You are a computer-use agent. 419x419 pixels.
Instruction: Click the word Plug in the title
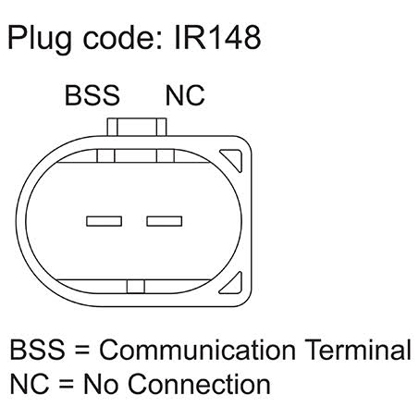pos(40,39)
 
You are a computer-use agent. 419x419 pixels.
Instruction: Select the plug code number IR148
pos(217,37)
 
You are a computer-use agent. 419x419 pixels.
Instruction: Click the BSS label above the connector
pos(92,95)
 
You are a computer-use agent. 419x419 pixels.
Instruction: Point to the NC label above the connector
pos(185,95)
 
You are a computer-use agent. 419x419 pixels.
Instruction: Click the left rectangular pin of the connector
pos(105,221)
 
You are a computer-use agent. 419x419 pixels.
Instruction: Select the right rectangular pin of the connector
pos(165,221)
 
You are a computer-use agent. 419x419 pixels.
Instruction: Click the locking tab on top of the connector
pos(137,127)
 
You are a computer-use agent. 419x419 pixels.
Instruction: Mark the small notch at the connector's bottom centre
pos(136,287)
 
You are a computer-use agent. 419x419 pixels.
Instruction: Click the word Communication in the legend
pos(197,350)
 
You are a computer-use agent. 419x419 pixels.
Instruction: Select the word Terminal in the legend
pos(358,350)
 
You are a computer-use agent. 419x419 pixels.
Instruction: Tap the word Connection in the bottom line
pos(199,384)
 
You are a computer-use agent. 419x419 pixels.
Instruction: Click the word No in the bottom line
pos(101,384)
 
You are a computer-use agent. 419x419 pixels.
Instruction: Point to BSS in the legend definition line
pos(38,350)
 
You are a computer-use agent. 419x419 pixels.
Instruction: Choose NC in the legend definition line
pos(30,384)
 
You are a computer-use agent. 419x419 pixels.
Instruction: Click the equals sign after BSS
pos(82,351)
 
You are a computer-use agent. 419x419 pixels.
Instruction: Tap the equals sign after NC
pos(67,385)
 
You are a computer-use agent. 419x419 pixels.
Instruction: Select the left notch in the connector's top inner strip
pos(105,155)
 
